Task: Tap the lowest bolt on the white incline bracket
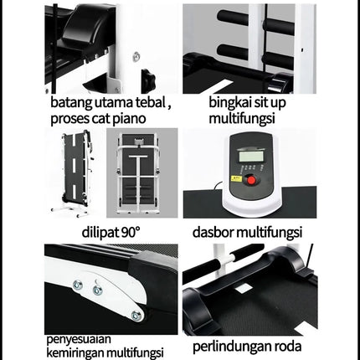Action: click(x=136, y=315)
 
